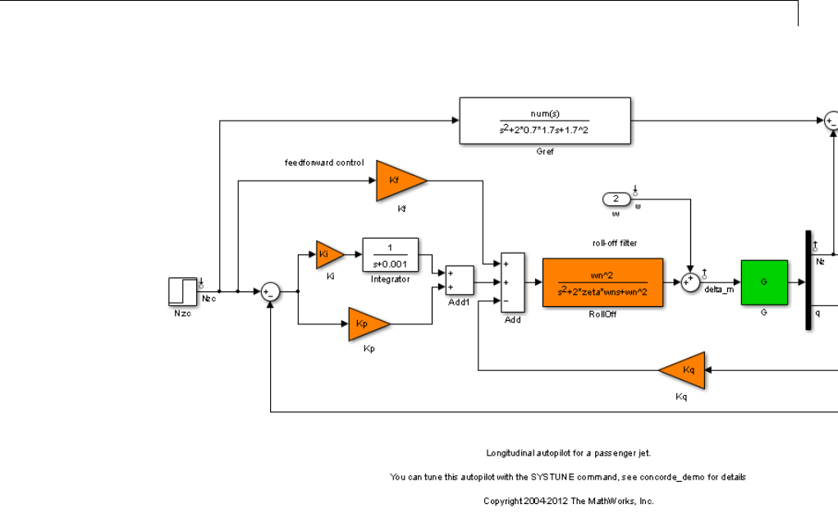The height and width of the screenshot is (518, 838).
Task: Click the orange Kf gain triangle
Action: click(x=398, y=181)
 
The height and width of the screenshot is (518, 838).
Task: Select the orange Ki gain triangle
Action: click(x=330, y=254)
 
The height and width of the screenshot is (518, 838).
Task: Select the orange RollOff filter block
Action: click(x=602, y=282)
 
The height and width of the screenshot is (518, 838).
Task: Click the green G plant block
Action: click(x=763, y=282)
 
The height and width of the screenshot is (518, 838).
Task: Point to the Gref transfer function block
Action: click(x=544, y=121)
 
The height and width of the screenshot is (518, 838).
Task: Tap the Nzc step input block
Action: click(x=182, y=291)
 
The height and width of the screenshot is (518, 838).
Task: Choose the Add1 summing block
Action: click(x=459, y=280)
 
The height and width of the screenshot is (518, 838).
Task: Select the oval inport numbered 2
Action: click(x=616, y=199)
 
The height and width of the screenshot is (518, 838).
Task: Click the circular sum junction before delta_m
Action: click(x=691, y=282)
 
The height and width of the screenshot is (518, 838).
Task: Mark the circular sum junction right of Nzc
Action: click(x=270, y=291)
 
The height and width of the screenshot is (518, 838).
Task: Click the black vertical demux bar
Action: click(x=808, y=280)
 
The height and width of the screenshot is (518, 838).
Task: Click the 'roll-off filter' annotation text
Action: click(x=615, y=243)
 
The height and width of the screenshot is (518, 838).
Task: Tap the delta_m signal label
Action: click(x=719, y=291)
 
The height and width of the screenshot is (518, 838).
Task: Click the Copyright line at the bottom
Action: click(x=568, y=500)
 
